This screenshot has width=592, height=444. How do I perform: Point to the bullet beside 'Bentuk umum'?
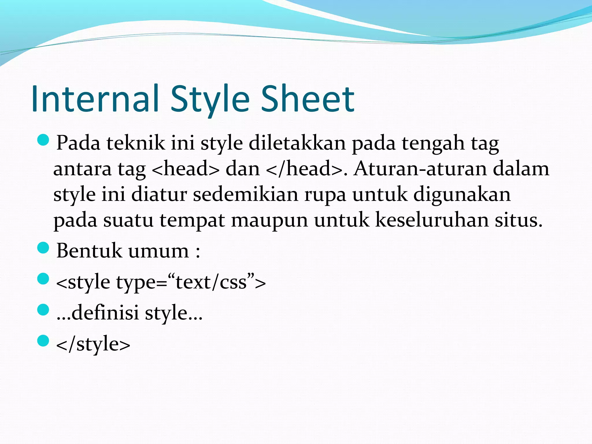(x=43, y=248)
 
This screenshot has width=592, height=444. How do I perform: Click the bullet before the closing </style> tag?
(x=43, y=341)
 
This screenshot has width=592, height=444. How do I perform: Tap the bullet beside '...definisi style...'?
(x=43, y=310)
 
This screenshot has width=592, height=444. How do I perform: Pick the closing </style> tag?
(x=93, y=344)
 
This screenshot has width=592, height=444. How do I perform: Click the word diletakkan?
(x=297, y=143)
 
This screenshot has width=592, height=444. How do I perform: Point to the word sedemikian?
(x=245, y=194)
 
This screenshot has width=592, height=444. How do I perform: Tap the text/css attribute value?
(x=211, y=282)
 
